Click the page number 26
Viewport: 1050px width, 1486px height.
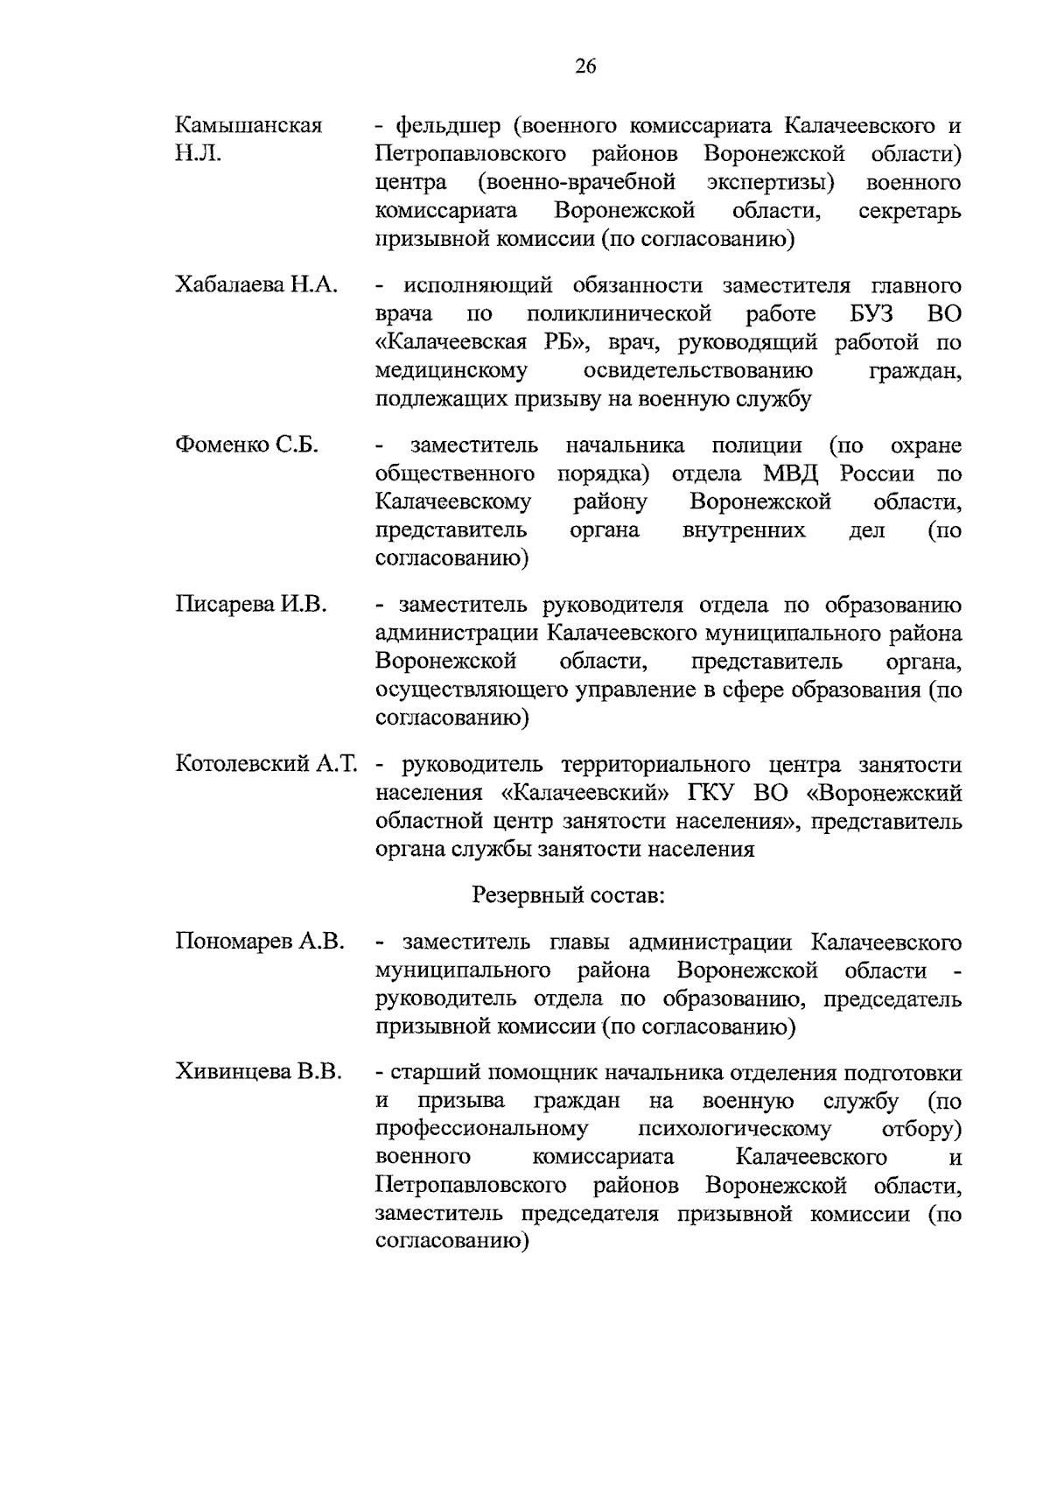585,67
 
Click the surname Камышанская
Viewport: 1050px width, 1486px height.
248,126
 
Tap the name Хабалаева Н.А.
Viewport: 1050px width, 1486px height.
256,286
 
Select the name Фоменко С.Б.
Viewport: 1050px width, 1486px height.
247,445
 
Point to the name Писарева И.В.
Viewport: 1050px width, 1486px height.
251,605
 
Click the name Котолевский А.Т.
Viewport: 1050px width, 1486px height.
267,765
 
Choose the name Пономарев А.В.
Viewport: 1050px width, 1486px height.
260,943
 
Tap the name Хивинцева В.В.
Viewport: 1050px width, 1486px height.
258,1073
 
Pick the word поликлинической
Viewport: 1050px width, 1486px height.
620,314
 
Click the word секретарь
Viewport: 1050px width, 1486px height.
910,212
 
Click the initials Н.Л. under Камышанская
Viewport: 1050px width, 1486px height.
198,155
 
